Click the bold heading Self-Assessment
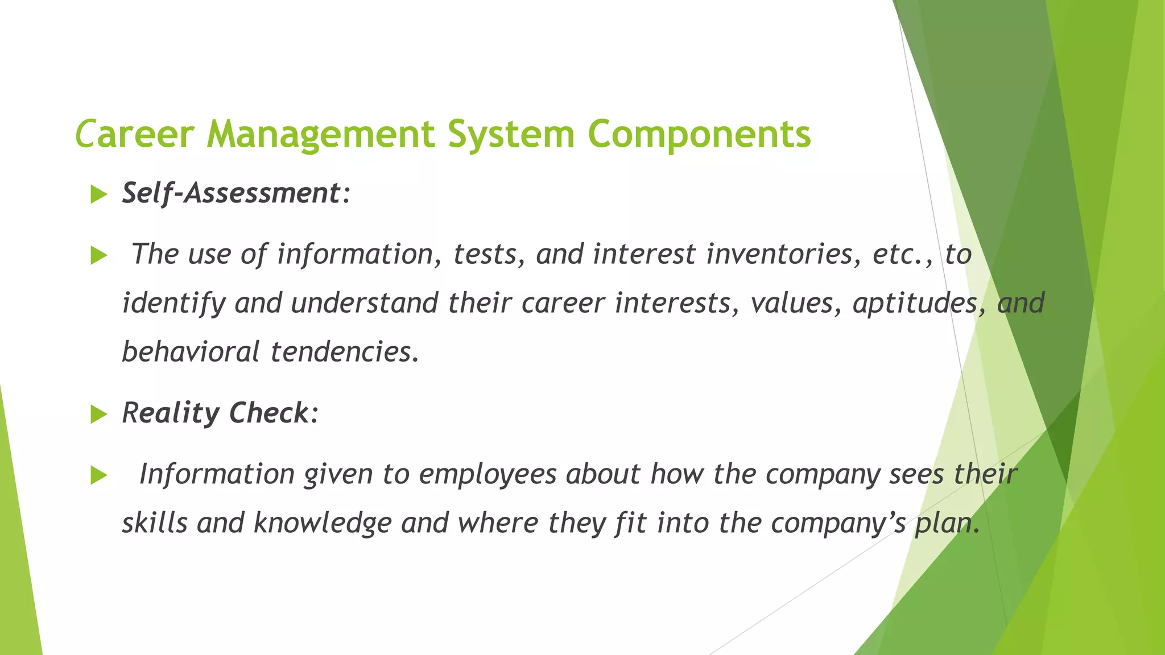pos(231,193)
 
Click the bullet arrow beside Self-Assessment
pos(98,194)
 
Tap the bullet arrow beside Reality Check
pos(98,414)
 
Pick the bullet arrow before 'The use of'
pos(98,255)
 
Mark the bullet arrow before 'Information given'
pos(98,475)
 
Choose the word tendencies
pos(344,352)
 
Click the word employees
pos(488,474)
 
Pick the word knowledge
pos(323,523)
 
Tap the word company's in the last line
pos(838,523)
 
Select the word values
pos(795,303)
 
